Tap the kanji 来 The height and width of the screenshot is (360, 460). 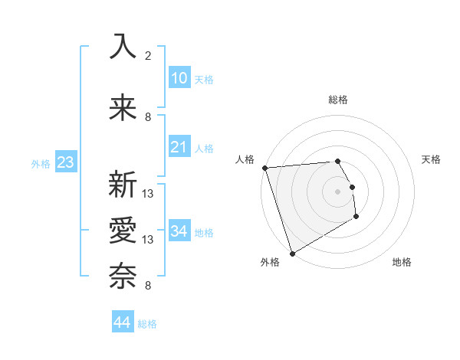tap(123, 109)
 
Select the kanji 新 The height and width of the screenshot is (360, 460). tap(123, 185)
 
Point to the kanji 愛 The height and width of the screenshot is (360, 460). tap(123, 231)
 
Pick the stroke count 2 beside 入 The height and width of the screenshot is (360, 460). tap(148, 55)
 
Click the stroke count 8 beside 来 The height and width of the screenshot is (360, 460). tap(148, 116)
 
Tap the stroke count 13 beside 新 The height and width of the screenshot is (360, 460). tap(148, 193)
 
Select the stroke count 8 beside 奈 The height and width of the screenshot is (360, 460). tap(148, 286)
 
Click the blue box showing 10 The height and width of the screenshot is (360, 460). tap(179, 78)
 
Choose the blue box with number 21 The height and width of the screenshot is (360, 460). tap(179, 147)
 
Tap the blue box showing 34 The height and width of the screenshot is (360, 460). tap(179, 231)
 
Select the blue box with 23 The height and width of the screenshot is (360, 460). tap(65, 162)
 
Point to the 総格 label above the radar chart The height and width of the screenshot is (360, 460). tap(338, 100)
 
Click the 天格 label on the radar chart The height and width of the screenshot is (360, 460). tap(432, 159)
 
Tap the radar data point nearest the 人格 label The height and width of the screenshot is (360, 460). tap(264, 168)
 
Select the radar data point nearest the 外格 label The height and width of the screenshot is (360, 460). tap(292, 253)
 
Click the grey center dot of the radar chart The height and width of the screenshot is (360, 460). tap(338, 191)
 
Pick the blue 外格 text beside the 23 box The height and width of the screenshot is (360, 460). tap(40, 164)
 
